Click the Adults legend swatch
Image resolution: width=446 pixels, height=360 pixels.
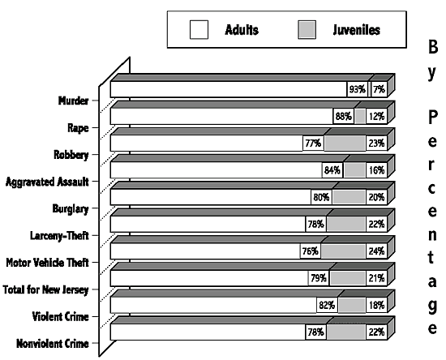click(199, 29)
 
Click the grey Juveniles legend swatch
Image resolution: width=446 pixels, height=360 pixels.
click(307, 29)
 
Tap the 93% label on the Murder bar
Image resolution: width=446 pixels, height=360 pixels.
click(358, 89)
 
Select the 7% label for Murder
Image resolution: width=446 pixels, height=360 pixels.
click(379, 89)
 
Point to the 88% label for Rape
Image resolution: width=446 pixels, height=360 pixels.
click(344, 116)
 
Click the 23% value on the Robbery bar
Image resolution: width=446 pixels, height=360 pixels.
click(376, 144)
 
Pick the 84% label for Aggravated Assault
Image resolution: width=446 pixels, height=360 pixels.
click(332, 170)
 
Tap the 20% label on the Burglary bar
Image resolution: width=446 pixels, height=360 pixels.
click(376, 197)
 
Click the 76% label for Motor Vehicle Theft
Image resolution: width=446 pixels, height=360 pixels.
click(311, 251)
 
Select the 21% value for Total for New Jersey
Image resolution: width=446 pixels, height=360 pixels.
click(376, 278)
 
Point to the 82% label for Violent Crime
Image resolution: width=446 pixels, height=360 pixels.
click(327, 305)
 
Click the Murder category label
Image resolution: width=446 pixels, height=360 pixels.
click(73, 101)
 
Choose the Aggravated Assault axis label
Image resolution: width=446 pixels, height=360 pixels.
click(47, 182)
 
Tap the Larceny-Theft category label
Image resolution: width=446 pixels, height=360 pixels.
click(59, 236)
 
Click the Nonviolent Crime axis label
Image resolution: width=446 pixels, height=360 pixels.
click(53, 344)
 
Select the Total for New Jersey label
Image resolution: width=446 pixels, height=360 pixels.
click(45, 289)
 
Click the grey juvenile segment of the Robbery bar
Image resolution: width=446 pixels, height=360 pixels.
click(345, 144)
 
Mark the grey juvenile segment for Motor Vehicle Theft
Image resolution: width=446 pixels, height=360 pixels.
click(343, 251)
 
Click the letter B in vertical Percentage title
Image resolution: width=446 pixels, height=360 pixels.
click(433, 47)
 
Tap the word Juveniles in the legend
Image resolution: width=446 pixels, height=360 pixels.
click(357, 30)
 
